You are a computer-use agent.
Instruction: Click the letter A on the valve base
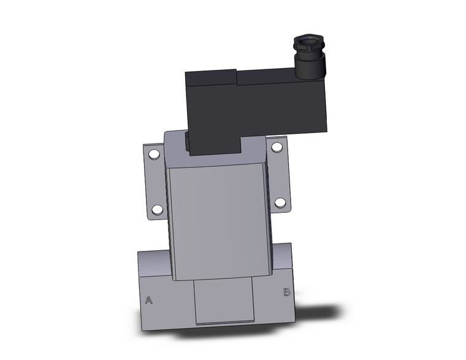coord(148,300)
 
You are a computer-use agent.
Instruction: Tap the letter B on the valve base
coord(286,292)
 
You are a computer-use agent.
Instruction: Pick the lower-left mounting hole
coord(158,210)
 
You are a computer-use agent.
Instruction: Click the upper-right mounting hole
coord(277,147)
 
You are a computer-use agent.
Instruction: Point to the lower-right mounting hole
coord(280,202)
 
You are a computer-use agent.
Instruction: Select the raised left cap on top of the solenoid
coord(210,79)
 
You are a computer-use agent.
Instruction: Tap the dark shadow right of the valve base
coord(325,313)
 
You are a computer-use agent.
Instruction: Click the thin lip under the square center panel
coord(224,323)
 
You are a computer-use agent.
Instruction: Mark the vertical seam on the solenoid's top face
coord(235,77)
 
